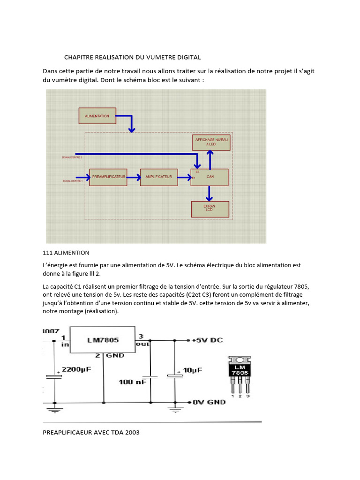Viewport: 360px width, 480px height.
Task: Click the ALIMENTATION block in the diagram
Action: [97, 116]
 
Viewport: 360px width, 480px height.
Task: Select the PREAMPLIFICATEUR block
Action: [108, 177]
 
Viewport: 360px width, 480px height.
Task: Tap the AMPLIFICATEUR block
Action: [158, 177]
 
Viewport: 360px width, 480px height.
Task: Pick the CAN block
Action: [210, 177]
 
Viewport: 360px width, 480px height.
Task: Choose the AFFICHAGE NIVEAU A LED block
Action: [211, 142]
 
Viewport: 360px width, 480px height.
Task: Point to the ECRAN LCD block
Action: [210, 209]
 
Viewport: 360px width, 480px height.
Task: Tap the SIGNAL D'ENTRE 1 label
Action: [72, 180]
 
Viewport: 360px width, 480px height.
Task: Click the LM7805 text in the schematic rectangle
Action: [102, 339]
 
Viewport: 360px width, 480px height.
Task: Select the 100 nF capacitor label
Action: [132, 382]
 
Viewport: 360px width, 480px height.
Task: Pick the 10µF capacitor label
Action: [192, 370]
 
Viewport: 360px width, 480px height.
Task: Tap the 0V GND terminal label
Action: [209, 402]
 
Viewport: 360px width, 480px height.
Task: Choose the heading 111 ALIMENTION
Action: [66, 253]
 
